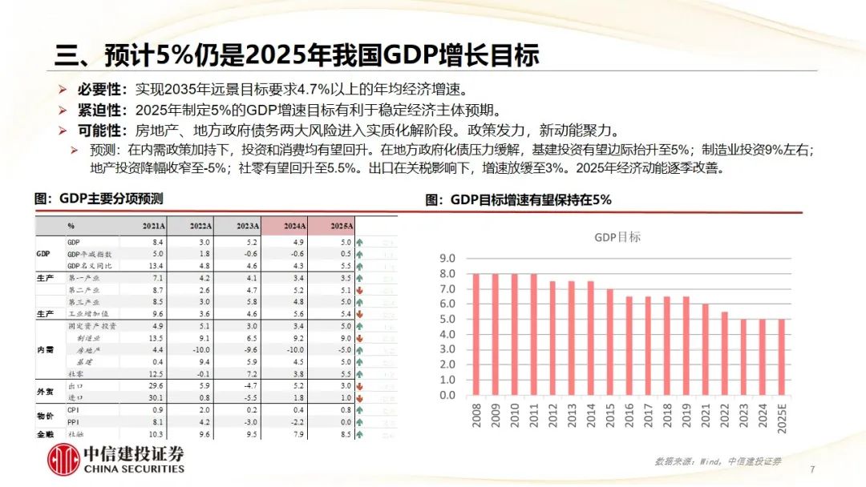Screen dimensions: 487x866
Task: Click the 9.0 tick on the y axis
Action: pyautogui.click(x=447, y=259)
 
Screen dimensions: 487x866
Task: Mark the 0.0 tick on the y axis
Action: pyautogui.click(x=447, y=395)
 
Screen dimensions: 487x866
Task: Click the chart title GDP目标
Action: pyautogui.click(x=617, y=237)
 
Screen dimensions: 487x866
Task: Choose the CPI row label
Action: pyautogui.click(x=73, y=410)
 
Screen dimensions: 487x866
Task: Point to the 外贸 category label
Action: pyautogui.click(x=45, y=391)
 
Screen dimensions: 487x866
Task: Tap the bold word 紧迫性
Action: pyautogui.click(x=102, y=110)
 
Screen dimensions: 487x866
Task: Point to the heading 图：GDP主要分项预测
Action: pyautogui.click(x=98, y=198)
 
